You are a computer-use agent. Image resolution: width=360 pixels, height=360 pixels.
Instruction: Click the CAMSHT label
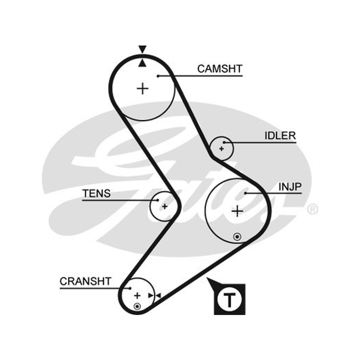pos(220,69)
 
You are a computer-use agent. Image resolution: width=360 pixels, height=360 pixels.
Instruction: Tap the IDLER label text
pos(280,136)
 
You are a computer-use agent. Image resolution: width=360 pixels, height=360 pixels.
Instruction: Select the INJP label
pos(290,187)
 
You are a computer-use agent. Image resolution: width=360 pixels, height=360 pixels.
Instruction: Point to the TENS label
pos(96,193)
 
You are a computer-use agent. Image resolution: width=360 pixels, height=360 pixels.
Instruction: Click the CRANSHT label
pos(85,281)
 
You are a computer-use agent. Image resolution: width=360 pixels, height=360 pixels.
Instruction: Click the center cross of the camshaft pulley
pos(143,89)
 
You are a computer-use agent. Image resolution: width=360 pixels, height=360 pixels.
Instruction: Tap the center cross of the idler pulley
pos(221,149)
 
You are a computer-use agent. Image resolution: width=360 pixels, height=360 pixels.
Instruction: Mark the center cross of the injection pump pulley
pos(238,211)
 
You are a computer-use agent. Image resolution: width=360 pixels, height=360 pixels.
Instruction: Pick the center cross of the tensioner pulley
pos(165,207)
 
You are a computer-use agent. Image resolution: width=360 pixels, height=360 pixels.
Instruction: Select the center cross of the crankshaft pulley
pos(137,296)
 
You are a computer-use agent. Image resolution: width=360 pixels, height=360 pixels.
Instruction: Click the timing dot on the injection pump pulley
pos(237,237)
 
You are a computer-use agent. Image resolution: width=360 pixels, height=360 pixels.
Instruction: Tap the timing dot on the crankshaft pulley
pos(137,306)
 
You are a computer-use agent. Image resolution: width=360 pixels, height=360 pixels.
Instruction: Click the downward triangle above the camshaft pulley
pos(142,49)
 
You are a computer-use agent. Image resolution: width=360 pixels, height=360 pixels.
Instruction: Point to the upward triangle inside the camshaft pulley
pos(142,63)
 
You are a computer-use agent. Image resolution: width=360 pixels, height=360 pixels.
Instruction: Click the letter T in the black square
pos(229,300)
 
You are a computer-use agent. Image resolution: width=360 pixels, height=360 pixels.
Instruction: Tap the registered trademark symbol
pos(312,209)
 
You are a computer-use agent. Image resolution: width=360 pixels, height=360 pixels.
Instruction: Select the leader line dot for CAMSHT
pos(158,76)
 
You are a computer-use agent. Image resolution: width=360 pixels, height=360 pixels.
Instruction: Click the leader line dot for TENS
pos(157,200)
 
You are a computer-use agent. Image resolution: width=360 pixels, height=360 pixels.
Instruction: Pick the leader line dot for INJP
pos(245,193)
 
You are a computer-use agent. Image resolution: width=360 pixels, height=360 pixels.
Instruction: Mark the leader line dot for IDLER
pos(224,142)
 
